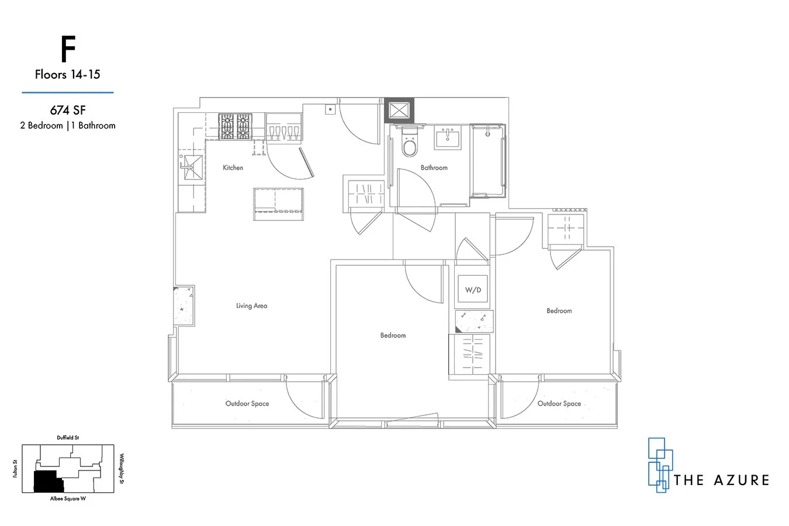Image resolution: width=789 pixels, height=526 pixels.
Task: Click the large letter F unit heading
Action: point(68,51)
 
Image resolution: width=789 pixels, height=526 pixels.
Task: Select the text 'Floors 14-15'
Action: point(67,75)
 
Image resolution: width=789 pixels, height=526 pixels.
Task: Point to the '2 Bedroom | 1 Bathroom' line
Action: point(67,125)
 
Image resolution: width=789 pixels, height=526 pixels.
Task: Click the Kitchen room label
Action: point(233,168)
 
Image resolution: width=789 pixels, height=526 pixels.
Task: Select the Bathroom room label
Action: point(434,168)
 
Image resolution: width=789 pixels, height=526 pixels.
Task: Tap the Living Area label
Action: point(251,306)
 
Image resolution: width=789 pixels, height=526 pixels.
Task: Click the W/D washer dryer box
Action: point(473,289)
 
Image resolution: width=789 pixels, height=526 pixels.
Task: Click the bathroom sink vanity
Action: point(450,137)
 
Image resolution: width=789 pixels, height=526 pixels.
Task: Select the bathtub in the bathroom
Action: point(487,160)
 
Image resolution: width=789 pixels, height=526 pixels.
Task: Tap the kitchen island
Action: point(278,204)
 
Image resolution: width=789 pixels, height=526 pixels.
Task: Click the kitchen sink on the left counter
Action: point(191,167)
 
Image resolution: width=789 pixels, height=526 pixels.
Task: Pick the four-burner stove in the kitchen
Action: point(234,126)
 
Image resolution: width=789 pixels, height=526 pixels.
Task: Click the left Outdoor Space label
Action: point(247,403)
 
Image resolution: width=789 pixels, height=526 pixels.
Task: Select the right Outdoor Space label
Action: point(559,403)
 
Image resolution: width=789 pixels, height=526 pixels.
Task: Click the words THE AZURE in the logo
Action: point(721,480)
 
